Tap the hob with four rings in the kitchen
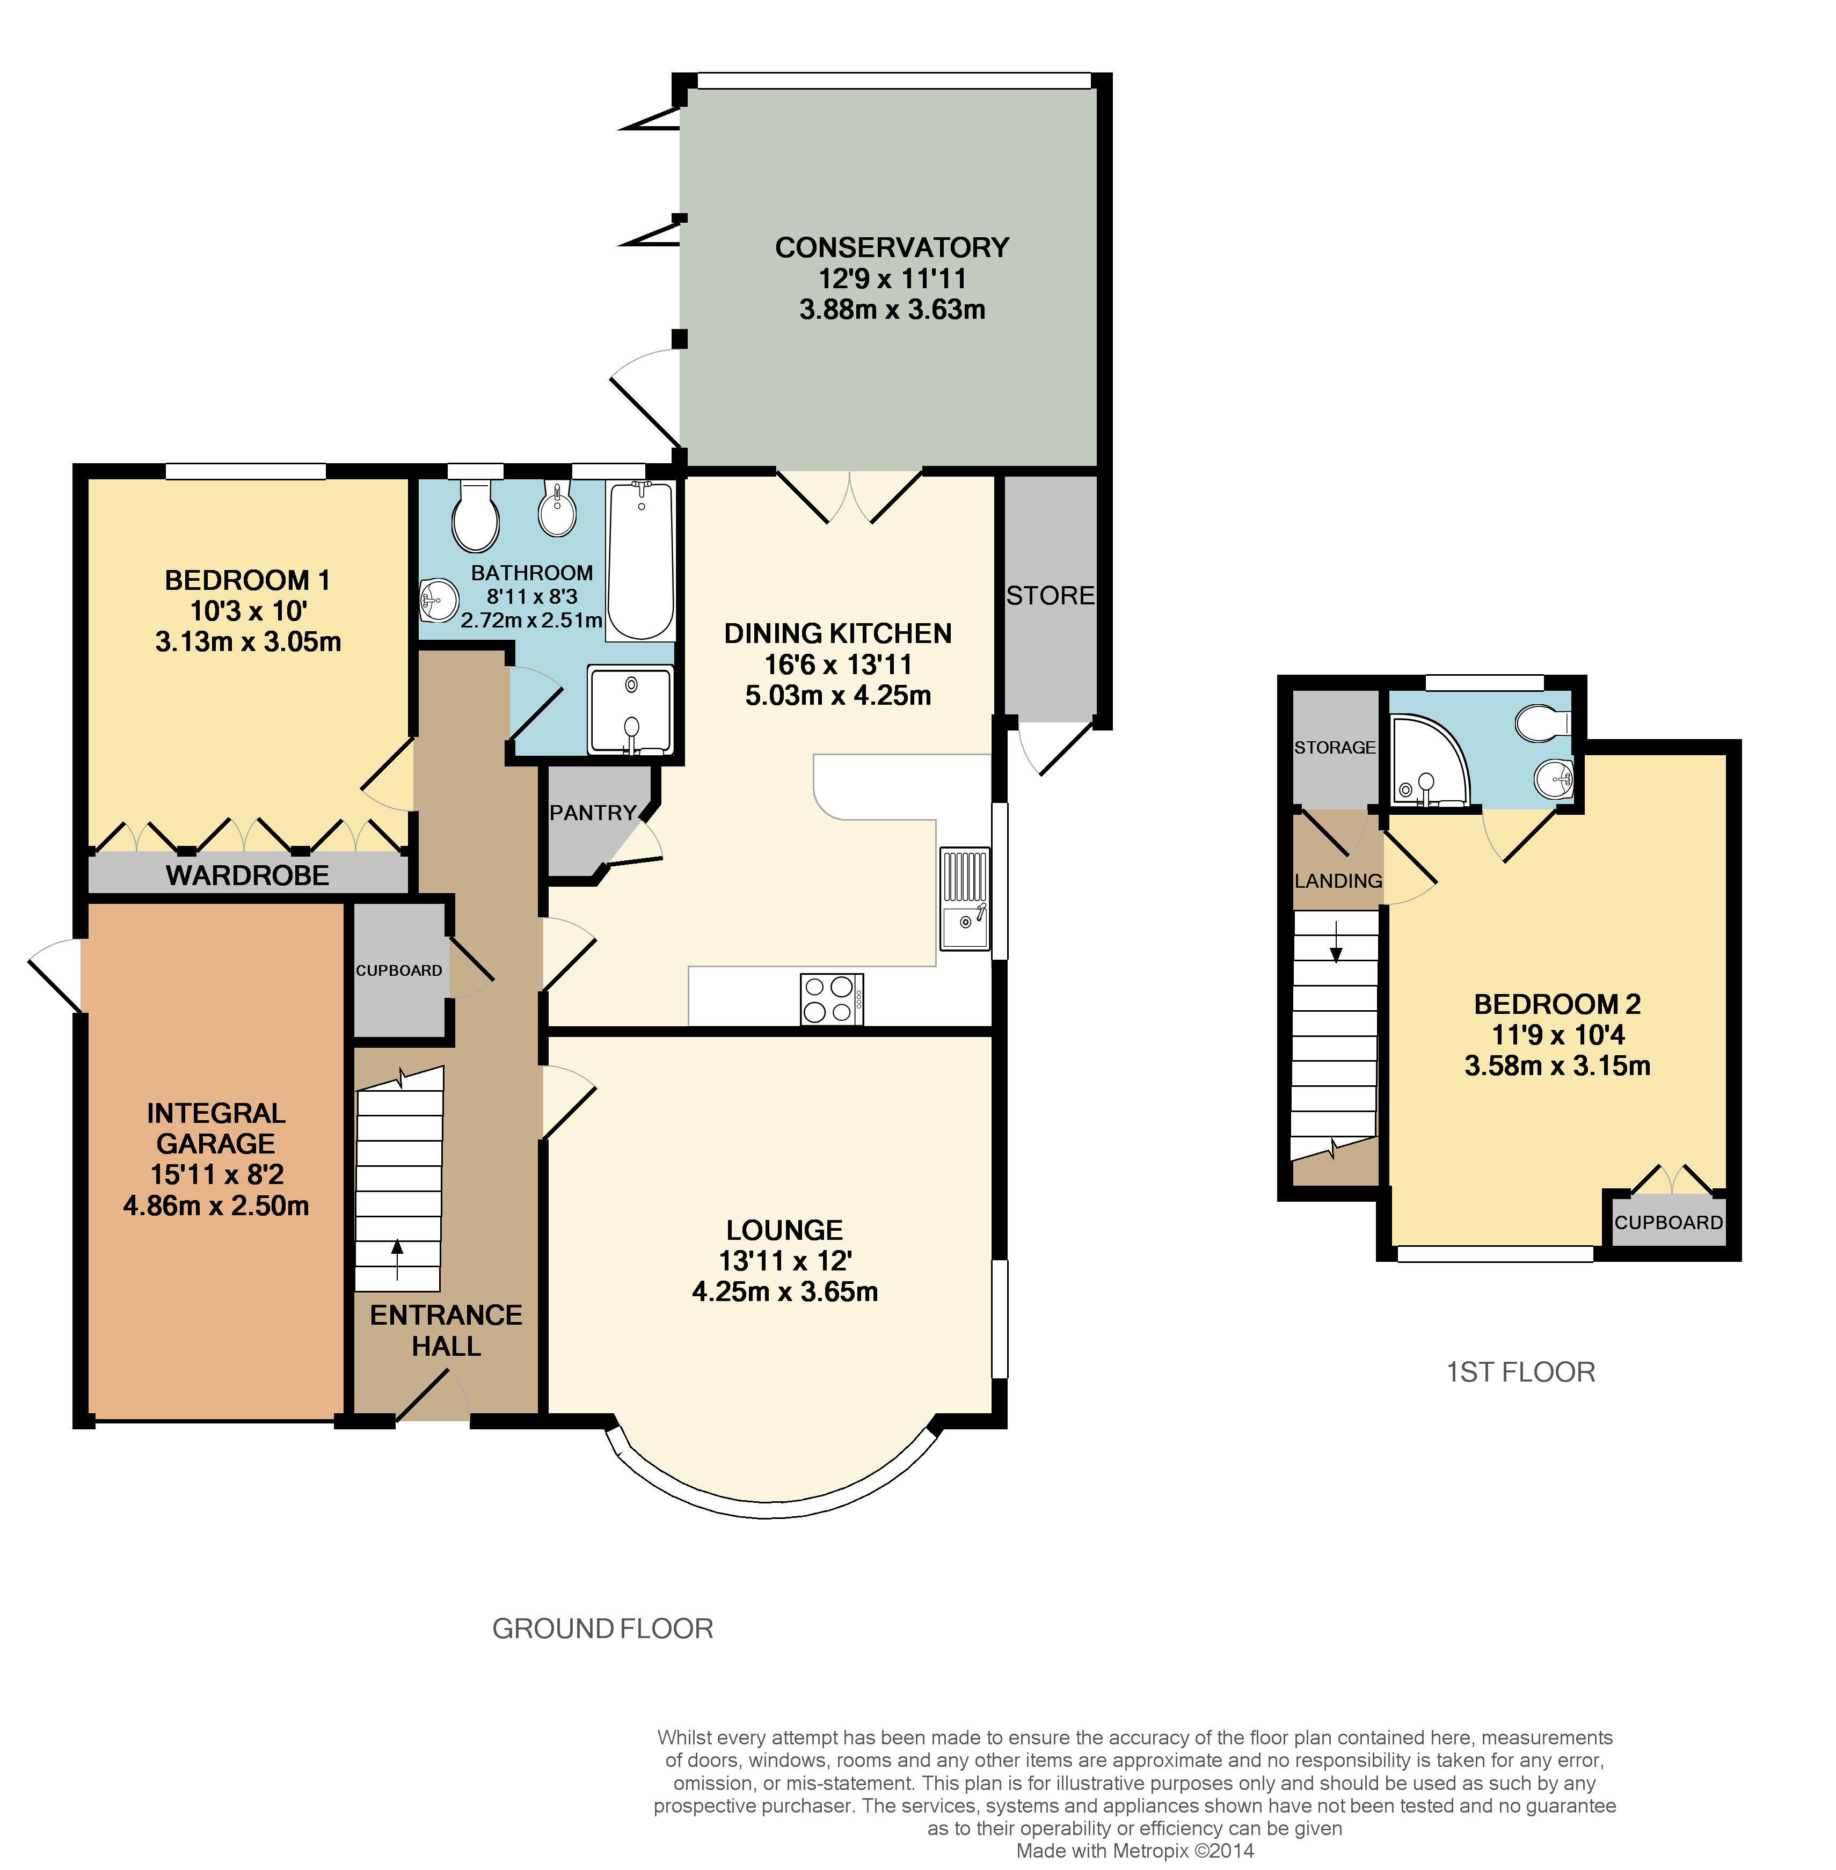click(831, 999)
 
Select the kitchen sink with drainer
click(964, 899)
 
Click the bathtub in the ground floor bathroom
click(640, 561)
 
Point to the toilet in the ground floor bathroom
click(476, 517)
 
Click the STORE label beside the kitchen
click(1050, 596)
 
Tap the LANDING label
click(1337, 881)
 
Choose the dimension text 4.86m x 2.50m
click(216, 1206)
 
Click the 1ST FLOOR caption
click(1521, 1372)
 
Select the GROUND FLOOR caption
click(603, 1629)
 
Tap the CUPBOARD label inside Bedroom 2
click(1668, 1222)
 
